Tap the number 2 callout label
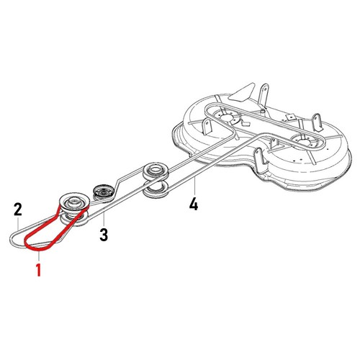[18, 210]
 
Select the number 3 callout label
[104, 235]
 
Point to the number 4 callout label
[194, 204]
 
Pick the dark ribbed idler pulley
[104, 192]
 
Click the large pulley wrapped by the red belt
[75, 201]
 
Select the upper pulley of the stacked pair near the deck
[156, 171]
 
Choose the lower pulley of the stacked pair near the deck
[156, 189]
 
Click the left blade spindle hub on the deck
[226, 118]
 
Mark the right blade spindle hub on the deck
[303, 142]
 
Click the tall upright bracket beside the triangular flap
[264, 94]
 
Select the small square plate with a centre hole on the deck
[291, 117]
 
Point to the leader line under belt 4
[195, 186]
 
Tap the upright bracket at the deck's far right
[318, 123]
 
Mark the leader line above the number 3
[104, 220]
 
